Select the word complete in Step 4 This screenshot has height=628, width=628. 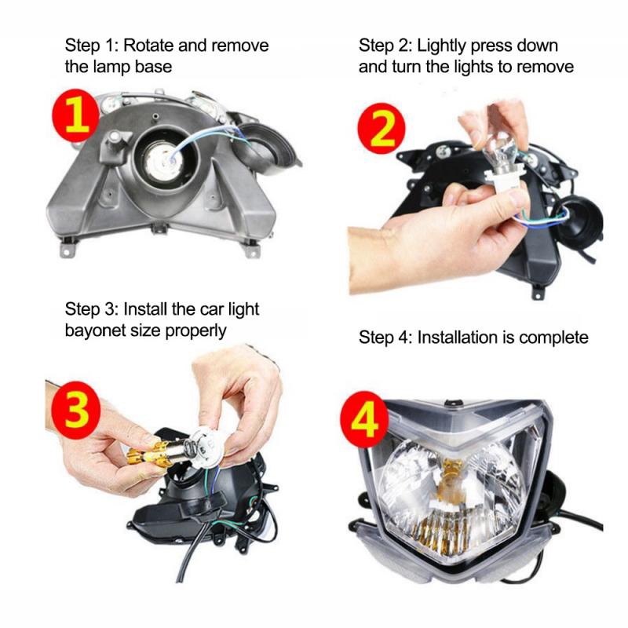point(553,338)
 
